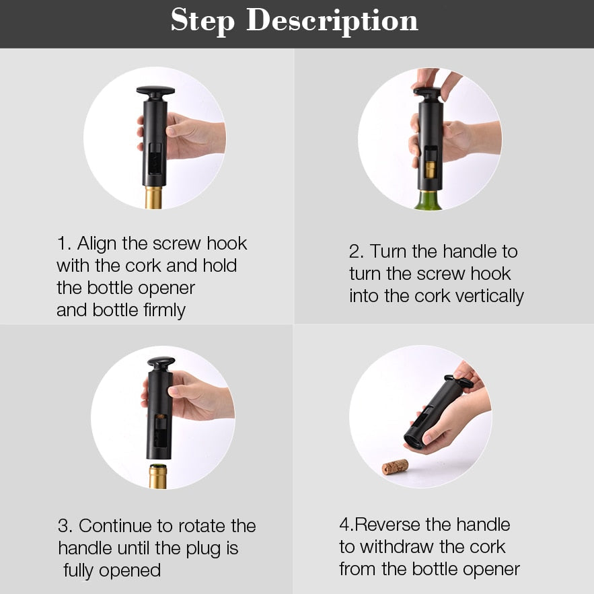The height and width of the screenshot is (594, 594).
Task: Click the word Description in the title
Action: click(x=332, y=22)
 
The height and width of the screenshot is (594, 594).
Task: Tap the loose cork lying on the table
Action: click(x=395, y=466)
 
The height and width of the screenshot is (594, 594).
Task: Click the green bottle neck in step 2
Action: click(x=429, y=200)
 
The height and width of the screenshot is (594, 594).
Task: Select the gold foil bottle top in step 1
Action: click(x=154, y=198)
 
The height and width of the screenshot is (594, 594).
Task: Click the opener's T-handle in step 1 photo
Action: click(x=155, y=90)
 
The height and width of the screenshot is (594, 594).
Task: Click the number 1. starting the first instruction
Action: click(x=64, y=244)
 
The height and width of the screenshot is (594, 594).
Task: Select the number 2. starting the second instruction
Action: click(x=357, y=252)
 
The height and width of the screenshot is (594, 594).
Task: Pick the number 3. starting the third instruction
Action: click(x=66, y=526)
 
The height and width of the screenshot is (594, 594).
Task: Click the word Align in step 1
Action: click(x=99, y=244)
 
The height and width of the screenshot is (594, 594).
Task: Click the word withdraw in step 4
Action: click(x=404, y=547)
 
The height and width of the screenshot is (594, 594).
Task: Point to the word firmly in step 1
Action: click(x=159, y=310)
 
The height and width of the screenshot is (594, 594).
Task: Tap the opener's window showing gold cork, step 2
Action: click(x=431, y=164)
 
